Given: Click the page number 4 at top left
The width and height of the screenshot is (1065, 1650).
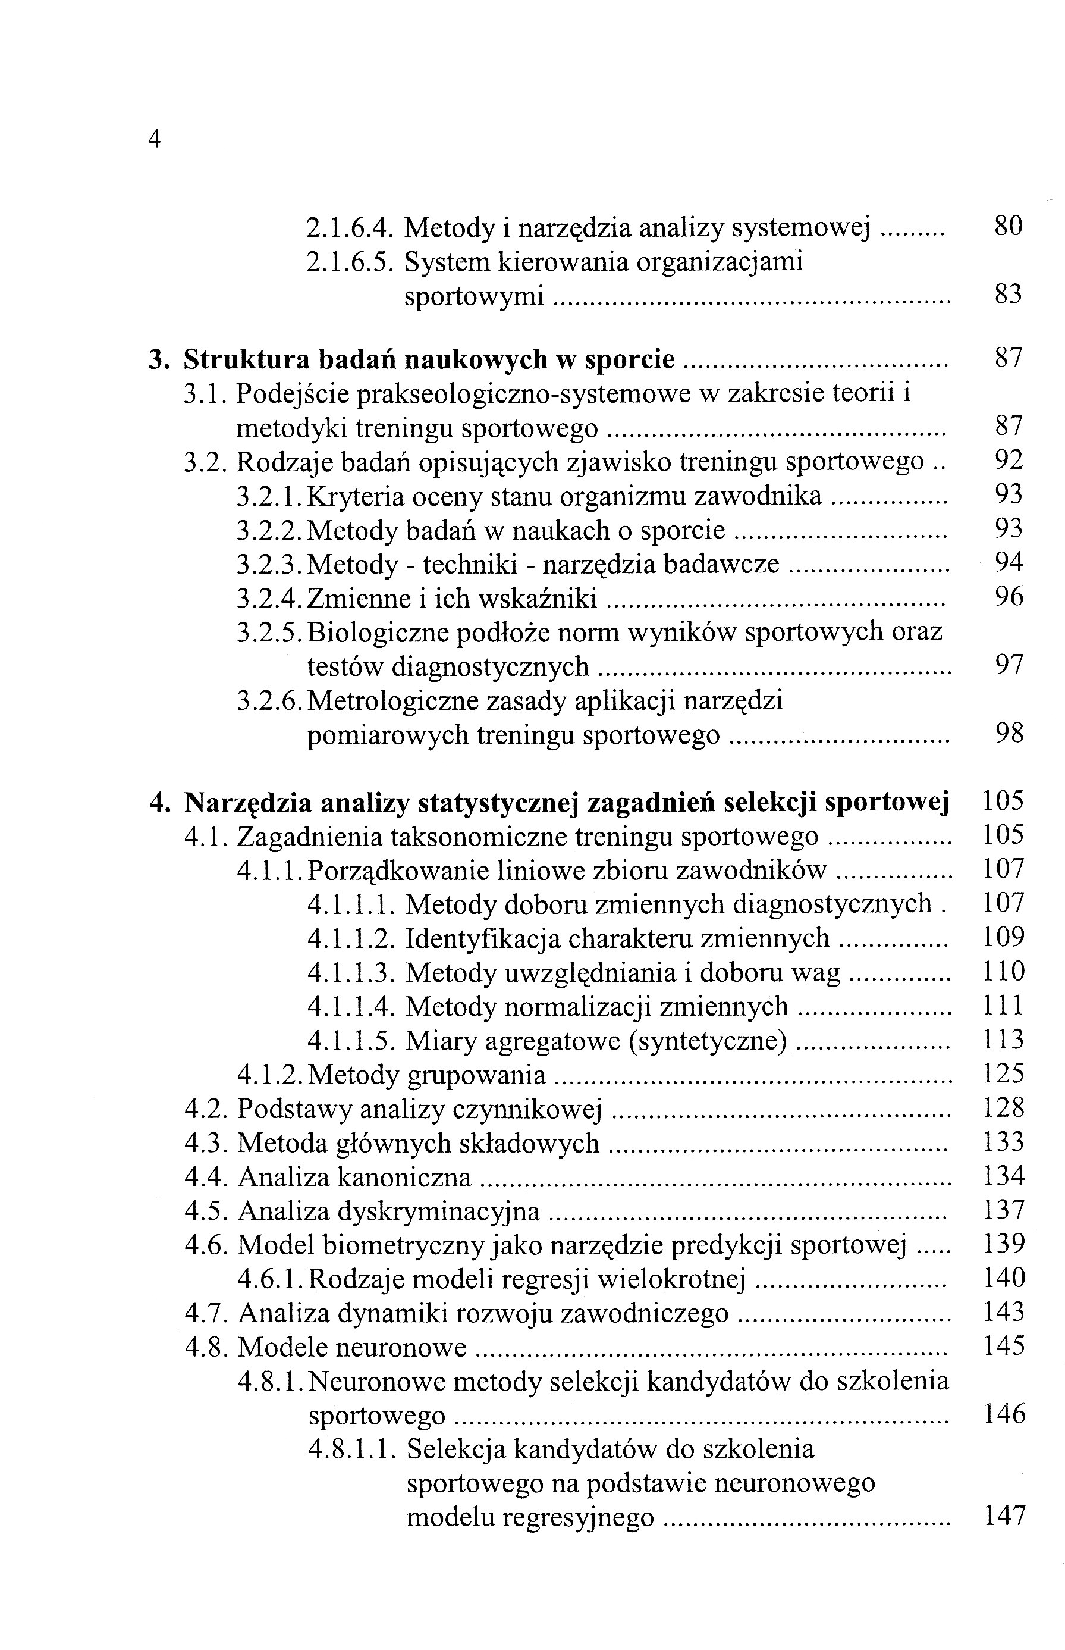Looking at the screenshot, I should tap(154, 139).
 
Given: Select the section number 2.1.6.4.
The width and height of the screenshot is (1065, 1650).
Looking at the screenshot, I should tap(350, 227).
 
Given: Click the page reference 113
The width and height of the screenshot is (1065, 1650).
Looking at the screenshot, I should tap(1003, 1041).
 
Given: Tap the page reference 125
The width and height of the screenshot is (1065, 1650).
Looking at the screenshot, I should tap(1003, 1075).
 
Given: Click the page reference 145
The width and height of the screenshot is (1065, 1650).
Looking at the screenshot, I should tap(1003, 1347).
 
